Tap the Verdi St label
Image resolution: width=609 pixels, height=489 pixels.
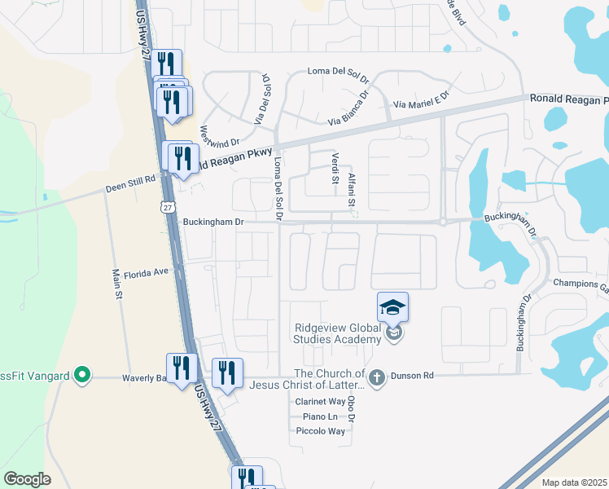(335, 168)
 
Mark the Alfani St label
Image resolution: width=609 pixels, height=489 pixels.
(353, 188)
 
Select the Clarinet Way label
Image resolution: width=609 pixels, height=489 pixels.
(320, 402)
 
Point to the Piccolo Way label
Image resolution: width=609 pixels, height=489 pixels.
(320, 431)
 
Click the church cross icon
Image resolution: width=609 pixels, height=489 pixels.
(375, 377)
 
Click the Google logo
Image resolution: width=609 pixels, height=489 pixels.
(26, 479)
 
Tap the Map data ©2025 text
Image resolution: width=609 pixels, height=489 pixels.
(575, 482)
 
